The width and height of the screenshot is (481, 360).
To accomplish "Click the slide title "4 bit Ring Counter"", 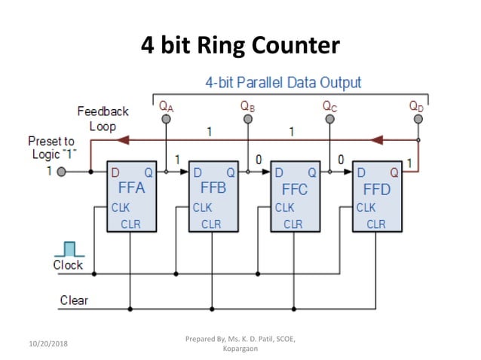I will coord(240,45).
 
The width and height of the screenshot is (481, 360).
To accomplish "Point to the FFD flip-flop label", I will coord(377,189).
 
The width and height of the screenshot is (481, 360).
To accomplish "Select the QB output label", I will coord(247,106).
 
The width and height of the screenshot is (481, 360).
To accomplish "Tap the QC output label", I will coord(329,106).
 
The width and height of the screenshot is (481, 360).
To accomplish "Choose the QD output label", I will coord(416,106).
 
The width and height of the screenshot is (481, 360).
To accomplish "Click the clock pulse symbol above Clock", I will coord(69,249).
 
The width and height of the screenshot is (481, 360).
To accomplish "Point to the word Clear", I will coord(74,301).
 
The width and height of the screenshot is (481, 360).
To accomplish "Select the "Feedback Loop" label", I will coord(103,118).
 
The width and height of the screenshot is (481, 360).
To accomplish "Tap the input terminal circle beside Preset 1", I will coord(60,172).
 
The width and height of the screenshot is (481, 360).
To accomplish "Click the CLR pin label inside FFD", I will coord(376,224).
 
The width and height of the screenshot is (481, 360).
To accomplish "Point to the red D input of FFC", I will coord(279,172).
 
